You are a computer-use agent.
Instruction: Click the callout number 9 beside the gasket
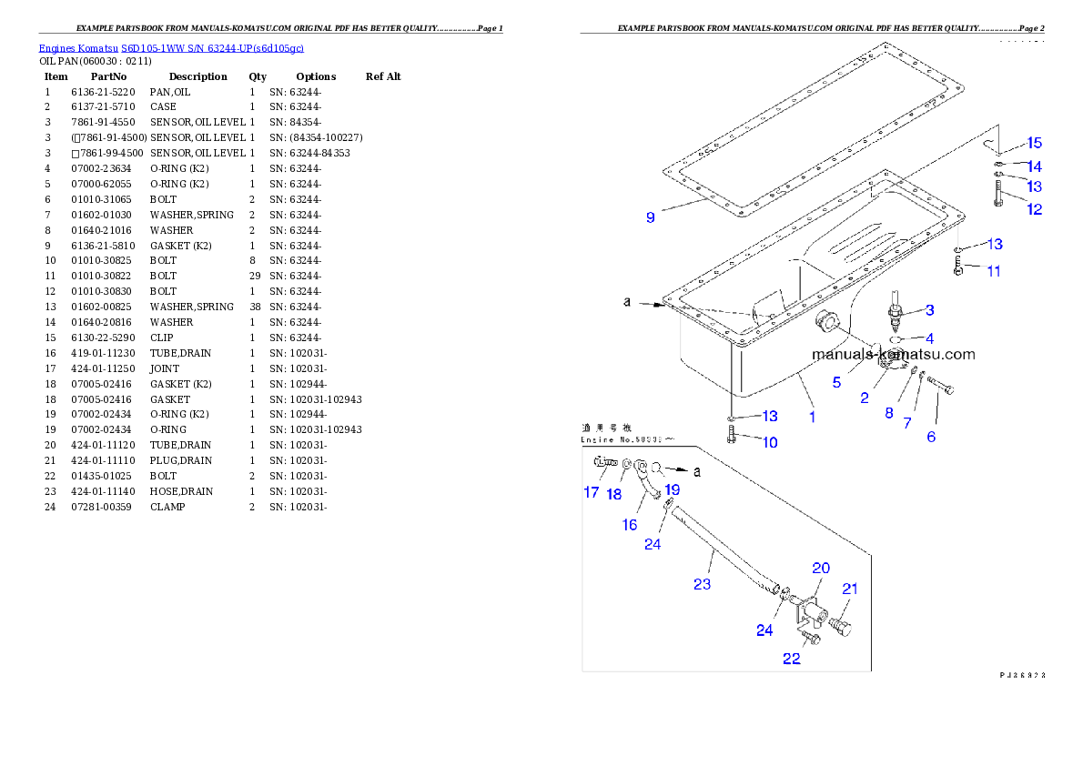pyautogui.click(x=651, y=217)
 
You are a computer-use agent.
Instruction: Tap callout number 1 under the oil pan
pyautogui.click(x=812, y=417)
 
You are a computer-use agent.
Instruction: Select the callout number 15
pyautogui.click(x=1034, y=143)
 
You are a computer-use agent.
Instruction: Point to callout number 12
pyautogui.click(x=1034, y=209)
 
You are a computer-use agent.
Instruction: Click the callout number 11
pyautogui.click(x=993, y=271)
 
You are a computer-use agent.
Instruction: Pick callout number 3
pyautogui.click(x=929, y=310)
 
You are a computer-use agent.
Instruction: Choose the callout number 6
pyautogui.click(x=930, y=437)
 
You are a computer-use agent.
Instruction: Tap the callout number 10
pyautogui.click(x=770, y=443)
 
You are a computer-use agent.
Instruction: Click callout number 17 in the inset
pyautogui.click(x=592, y=492)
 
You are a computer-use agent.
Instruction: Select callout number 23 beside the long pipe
pyautogui.click(x=702, y=584)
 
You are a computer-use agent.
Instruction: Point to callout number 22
pyautogui.click(x=791, y=658)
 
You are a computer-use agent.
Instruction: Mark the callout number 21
pyautogui.click(x=849, y=590)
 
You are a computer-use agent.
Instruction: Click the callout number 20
pyautogui.click(x=821, y=568)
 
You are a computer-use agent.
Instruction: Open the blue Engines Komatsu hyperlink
pyautogui.click(x=171, y=47)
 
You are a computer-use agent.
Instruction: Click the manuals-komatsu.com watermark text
pyautogui.click(x=893, y=355)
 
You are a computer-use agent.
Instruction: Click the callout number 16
pyautogui.click(x=629, y=525)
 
